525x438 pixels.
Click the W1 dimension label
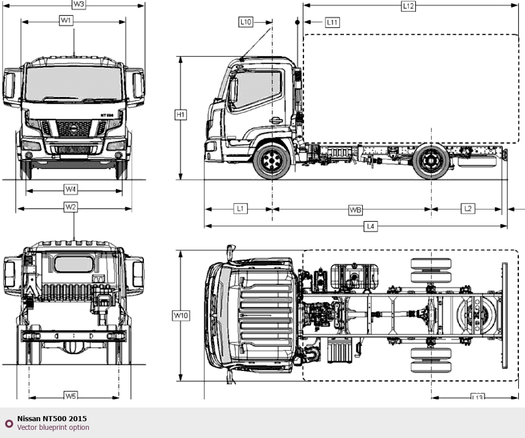point(66,21)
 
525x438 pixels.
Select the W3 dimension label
point(79,5)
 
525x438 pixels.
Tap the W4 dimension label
point(71,190)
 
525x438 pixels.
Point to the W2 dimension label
point(71,207)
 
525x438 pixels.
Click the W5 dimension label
point(71,396)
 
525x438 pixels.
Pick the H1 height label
point(181,115)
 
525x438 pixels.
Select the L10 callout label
point(245,22)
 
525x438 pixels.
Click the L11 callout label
point(332,22)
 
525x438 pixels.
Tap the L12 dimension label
point(408,6)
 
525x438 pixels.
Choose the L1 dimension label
point(240,209)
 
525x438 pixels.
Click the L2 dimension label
point(468,209)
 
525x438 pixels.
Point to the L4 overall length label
point(371,226)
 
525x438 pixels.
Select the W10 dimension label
point(181,315)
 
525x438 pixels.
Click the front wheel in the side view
point(272,161)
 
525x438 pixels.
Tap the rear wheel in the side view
point(430,162)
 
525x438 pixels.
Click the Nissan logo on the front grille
point(74,128)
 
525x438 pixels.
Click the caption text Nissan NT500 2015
point(52,419)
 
